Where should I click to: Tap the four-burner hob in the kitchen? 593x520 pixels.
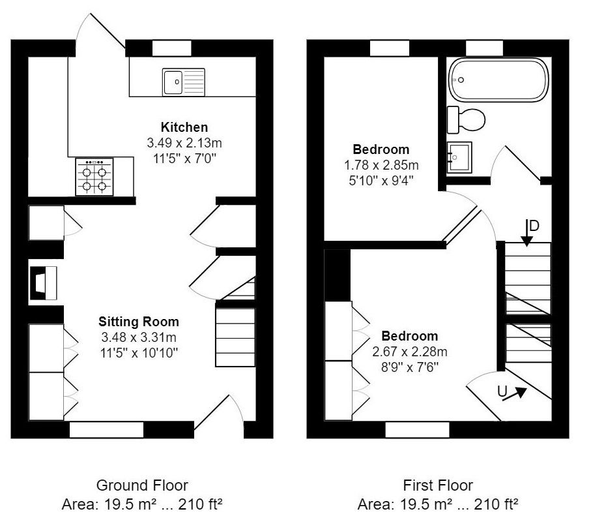[x=94, y=177]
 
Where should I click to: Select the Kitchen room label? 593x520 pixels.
[x=184, y=127]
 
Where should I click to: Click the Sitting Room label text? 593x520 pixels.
[x=139, y=322]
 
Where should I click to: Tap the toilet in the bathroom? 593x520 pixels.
[x=467, y=120]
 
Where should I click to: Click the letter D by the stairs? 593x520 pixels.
[x=534, y=226]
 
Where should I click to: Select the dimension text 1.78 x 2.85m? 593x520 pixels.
[x=381, y=164]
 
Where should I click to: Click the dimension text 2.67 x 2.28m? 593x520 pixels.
[x=410, y=352]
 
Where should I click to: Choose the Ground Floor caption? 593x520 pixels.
[x=142, y=485]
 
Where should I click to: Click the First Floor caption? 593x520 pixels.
[x=438, y=485]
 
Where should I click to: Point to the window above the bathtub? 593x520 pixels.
[x=485, y=48]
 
